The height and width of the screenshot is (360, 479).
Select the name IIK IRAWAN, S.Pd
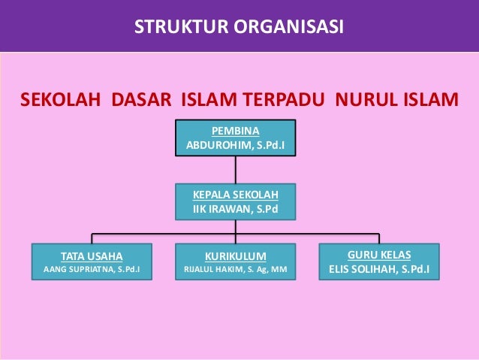(x=235, y=207)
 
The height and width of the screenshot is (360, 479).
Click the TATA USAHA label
(x=91, y=254)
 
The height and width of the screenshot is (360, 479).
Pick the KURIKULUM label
(x=235, y=254)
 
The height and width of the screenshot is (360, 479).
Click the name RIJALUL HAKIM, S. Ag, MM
(x=235, y=268)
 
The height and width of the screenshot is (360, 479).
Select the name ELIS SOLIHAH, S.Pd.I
(x=379, y=268)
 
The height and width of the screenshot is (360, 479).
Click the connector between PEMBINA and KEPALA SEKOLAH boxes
(x=235, y=170)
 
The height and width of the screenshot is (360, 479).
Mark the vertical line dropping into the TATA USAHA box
(x=92, y=237)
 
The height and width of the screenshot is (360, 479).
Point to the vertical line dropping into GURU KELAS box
(x=379, y=237)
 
